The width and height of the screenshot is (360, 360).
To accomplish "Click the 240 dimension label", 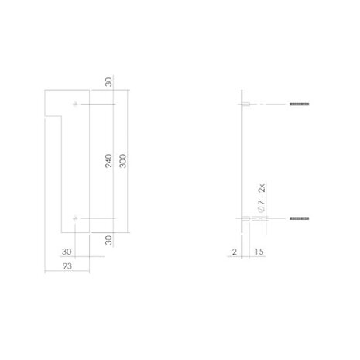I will click(x=109, y=162).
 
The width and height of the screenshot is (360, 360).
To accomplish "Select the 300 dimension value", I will click(x=122, y=162).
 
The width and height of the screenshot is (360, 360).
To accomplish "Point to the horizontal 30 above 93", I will click(x=67, y=250).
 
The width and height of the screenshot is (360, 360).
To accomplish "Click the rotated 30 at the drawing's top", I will click(x=109, y=81).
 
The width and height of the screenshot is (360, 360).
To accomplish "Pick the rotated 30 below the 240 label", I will click(x=109, y=240).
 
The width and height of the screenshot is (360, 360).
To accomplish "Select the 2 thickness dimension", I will click(x=232, y=251).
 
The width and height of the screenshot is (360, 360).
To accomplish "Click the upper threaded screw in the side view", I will click(x=300, y=105).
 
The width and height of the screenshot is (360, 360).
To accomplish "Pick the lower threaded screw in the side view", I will click(x=300, y=220).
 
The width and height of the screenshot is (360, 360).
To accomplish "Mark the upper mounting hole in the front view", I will click(x=74, y=105).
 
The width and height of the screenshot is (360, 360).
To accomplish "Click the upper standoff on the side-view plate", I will click(x=244, y=105).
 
